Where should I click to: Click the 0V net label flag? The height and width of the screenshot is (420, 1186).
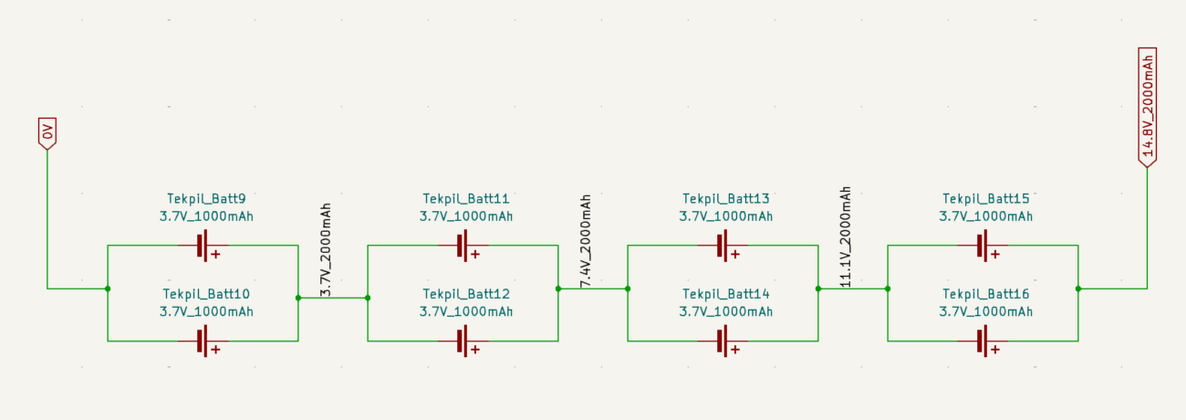click(47, 133)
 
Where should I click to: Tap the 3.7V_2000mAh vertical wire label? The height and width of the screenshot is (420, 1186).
click(326, 249)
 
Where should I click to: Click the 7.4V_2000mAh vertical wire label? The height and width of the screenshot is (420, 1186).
click(586, 241)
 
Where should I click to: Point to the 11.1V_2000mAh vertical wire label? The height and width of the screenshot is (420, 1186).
click(846, 237)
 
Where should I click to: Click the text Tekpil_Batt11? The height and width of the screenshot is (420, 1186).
click(465, 198)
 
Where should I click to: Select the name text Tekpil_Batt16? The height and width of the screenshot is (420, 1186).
click(985, 294)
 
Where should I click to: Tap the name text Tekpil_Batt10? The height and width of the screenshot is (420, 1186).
click(206, 294)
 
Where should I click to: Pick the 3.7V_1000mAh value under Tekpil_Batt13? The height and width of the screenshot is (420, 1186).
click(726, 216)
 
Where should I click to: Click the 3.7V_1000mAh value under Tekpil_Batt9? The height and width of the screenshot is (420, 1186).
click(206, 216)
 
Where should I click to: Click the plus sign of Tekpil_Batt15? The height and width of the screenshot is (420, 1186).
click(995, 254)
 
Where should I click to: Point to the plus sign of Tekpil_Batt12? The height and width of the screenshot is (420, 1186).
click(475, 350)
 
